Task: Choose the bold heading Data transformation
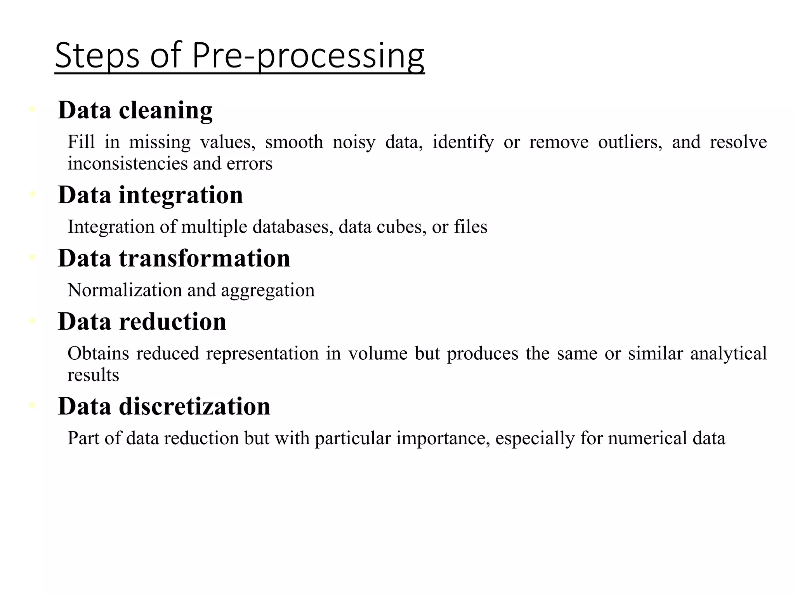pos(174,258)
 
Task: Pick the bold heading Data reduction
pos(142,321)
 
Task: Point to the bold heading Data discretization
pos(164,406)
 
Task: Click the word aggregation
pos(267,290)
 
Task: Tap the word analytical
pos(728,353)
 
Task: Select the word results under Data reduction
pos(93,375)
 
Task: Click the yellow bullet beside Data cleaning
pos(33,109)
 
